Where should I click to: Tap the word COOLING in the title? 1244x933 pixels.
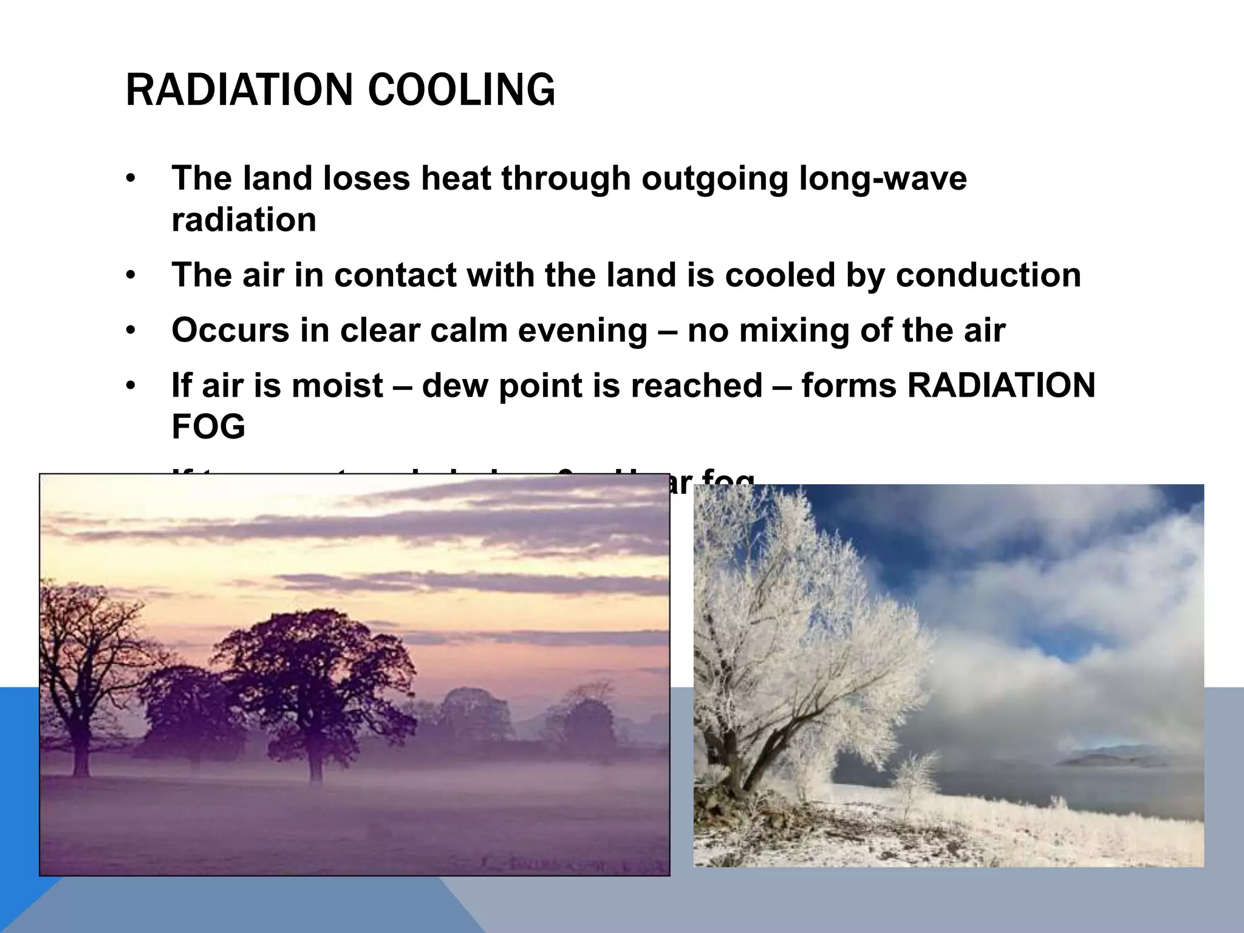[461, 90]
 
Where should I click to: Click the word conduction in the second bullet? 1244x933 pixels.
[988, 275]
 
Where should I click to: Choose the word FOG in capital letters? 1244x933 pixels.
[208, 426]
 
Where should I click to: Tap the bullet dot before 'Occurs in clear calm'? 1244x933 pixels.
[130, 332]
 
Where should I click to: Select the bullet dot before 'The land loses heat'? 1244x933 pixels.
[130, 180]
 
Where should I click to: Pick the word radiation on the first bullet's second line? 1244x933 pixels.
[244, 220]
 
